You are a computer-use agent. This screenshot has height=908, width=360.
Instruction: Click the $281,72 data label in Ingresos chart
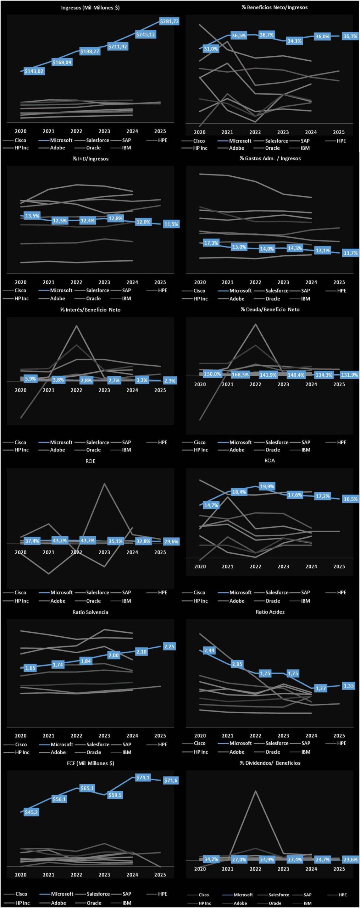pyautogui.click(x=169, y=21)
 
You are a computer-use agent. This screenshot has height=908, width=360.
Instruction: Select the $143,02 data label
pyautogui.click(x=34, y=71)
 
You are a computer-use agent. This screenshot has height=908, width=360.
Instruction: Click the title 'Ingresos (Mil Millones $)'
pyautogui.click(x=90, y=7)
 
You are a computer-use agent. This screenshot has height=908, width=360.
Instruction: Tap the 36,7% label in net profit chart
pyautogui.click(x=266, y=35)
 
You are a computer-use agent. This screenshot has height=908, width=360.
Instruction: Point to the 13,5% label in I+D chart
pyautogui.click(x=32, y=216)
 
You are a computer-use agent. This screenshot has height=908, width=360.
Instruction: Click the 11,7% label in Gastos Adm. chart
pyautogui.click(x=350, y=253)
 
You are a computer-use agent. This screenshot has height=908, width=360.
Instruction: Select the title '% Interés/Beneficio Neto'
pyautogui.click(x=90, y=310)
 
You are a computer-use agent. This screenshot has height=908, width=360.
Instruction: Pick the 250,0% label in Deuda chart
pyautogui.click(x=212, y=374)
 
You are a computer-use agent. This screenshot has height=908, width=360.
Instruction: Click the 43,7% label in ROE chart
pyautogui.click(x=87, y=541)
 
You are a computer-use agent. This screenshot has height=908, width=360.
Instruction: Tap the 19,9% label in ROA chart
pyautogui.click(x=267, y=486)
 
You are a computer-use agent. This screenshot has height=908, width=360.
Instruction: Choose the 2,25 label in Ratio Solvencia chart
pyautogui.click(x=169, y=646)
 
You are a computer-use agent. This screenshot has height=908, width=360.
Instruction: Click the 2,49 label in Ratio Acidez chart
pyautogui.click(x=209, y=650)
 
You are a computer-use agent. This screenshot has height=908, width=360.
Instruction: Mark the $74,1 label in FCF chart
pyautogui.click(x=143, y=777)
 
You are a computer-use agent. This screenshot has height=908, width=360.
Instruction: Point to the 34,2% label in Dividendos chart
pyautogui.click(x=211, y=859)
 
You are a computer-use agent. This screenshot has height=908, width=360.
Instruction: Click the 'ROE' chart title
pyautogui.click(x=90, y=461)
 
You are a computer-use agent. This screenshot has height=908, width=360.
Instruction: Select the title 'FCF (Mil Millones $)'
pyautogui.click(x=90, y=763)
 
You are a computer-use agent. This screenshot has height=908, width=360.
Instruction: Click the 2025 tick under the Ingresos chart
pyautogui.click(x=160, y=131)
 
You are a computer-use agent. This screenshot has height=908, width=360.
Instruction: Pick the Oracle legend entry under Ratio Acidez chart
pyautogui.click(x=272, y=752)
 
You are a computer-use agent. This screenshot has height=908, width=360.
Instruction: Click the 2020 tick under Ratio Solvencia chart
pyautogui.click(x=21, y=736)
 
